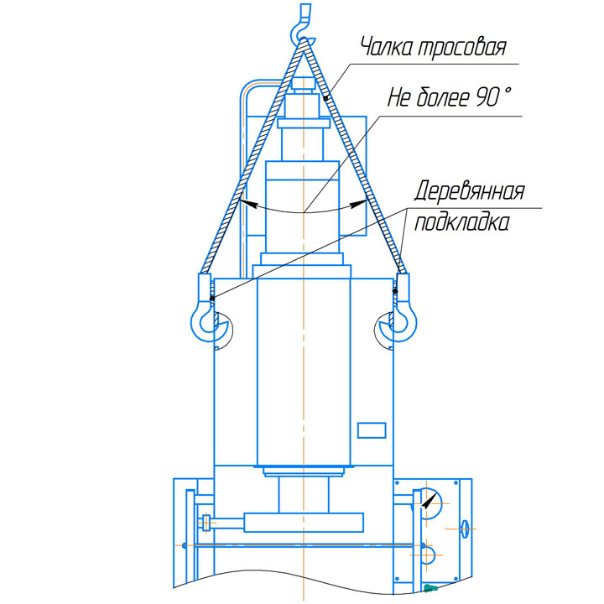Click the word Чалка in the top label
[387, 47]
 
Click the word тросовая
[462, 48]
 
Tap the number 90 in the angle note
[487, 97]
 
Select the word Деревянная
[470, 190]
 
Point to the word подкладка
[462, 221]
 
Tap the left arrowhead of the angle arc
[247, 203]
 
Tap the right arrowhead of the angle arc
[358, 203]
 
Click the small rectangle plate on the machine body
[372, 430]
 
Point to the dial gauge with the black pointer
[429, 502]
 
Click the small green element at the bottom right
[430, 587]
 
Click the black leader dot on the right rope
[325, 99]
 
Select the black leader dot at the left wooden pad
[212, 298]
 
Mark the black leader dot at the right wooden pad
[395, 291]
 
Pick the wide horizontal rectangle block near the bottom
[304, 523]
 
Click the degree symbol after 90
[507, 91]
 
